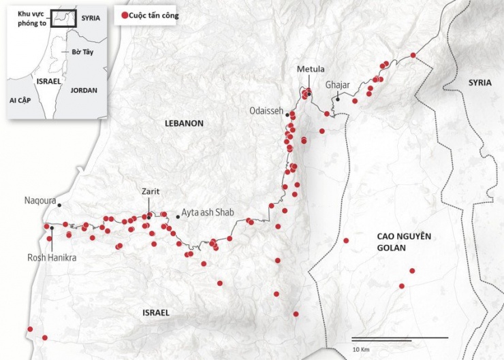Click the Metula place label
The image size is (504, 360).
(311, 69)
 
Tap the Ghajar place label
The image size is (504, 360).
(337, 84)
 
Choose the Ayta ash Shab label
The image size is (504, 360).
(208, 212)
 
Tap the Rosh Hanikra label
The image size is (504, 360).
(52, 258)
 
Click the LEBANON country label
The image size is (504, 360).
(184, 123)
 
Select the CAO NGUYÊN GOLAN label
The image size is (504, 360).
(405, 242)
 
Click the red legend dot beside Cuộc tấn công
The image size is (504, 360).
(123, 16)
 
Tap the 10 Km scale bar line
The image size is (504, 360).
(400, 338)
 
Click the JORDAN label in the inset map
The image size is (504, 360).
(84, 90)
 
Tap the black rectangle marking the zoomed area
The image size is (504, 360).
(62, 17)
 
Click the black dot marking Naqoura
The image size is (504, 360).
(59, 205)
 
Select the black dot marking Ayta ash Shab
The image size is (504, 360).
(178, 216)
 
